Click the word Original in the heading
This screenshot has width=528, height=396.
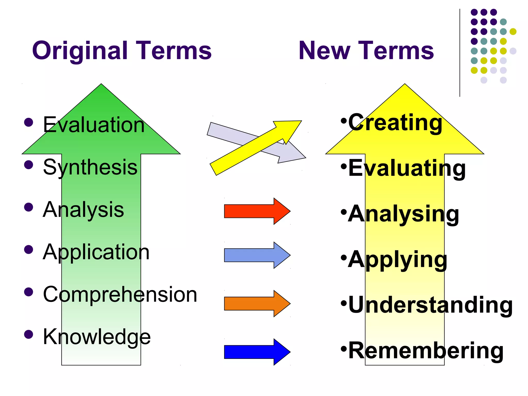tap(80, 51)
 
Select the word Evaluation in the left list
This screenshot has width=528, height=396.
tap(94, 125)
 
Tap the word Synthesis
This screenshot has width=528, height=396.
tap(90, 167)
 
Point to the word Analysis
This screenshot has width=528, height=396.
tap(83, 210)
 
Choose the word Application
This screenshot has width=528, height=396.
tap(96, 252)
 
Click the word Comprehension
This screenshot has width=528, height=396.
tap(120, 294)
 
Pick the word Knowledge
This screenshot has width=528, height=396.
tap(97, 337)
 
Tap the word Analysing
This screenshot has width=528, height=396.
tap(403, 214)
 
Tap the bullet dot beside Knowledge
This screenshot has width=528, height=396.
tap(29, 334)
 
